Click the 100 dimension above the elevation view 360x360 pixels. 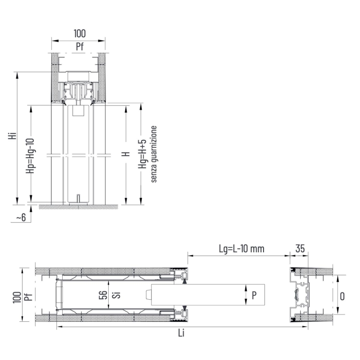tap(79, 34)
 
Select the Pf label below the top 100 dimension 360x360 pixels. tap(79, 47)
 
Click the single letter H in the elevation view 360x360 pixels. tap(126, 154)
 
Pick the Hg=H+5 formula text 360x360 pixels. tap(143, 154)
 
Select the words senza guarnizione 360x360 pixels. tap(153, 154)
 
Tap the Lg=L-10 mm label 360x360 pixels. tap(241, 249)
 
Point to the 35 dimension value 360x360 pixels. tap(300, 249)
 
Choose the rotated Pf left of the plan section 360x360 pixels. tap(27, 296)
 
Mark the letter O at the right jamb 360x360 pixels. tap(342, 295)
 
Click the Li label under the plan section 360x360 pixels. tap(182, 333)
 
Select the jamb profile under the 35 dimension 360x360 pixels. tap(299, 295)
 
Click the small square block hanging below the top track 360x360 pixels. tap(78, 111)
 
